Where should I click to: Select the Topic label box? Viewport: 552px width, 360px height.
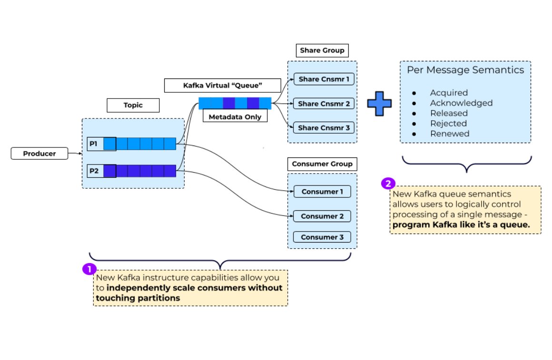(x=133, y=105)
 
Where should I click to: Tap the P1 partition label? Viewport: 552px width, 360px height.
(x=93, y=144)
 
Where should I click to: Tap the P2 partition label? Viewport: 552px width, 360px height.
(x=93, y=170)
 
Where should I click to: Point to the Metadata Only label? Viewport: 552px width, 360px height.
(x=235, y=117)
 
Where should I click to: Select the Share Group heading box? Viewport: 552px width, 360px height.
(x=322, y=50)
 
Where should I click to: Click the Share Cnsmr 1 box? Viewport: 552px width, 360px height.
(x=323, y=79)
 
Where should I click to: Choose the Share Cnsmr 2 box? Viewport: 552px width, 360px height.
(x=323, y=103)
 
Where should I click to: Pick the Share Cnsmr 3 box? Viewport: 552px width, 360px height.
(x=323, y=127)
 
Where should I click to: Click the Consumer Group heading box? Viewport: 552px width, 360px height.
(x=322, y=164)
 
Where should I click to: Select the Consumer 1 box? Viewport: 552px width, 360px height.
(x=322, y=192)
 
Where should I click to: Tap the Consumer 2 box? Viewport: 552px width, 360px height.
(x=322, y=216)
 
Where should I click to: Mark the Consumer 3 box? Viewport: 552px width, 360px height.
(x=322, y=237)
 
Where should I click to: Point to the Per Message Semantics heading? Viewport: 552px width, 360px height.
(x=465, y=70)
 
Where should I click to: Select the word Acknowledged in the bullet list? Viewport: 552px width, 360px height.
(x=461, y=103)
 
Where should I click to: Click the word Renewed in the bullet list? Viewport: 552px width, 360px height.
(x=449, y=134)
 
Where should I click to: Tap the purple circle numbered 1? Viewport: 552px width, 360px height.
(x=89, y=269)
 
